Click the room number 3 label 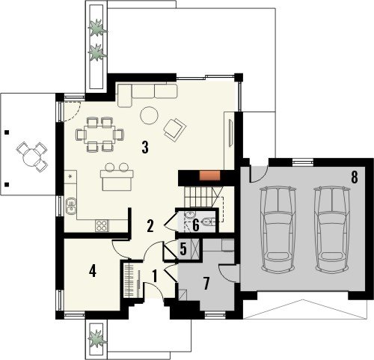[x=145, y=147]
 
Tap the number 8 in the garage [x=354, y=177]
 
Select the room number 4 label [x=93, y=271]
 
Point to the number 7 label [x=206, y=284]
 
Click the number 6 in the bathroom [x=196, y=225]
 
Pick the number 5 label [x=183, y=249]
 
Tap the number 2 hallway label [x=150, y=226]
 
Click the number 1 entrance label [x=155, y=276]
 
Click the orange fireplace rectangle [x=209, y=175]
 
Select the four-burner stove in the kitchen [x=102, y=226]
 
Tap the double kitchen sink [x=71, y=206]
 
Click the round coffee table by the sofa [x=150, y=115]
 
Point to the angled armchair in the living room [x=175, y=129]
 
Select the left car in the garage [x=278, y=229]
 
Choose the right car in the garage [x=332, y=229]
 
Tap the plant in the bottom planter [x=96, y=339]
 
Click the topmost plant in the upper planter [x=97, y=28]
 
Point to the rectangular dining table [x=99, y=134]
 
